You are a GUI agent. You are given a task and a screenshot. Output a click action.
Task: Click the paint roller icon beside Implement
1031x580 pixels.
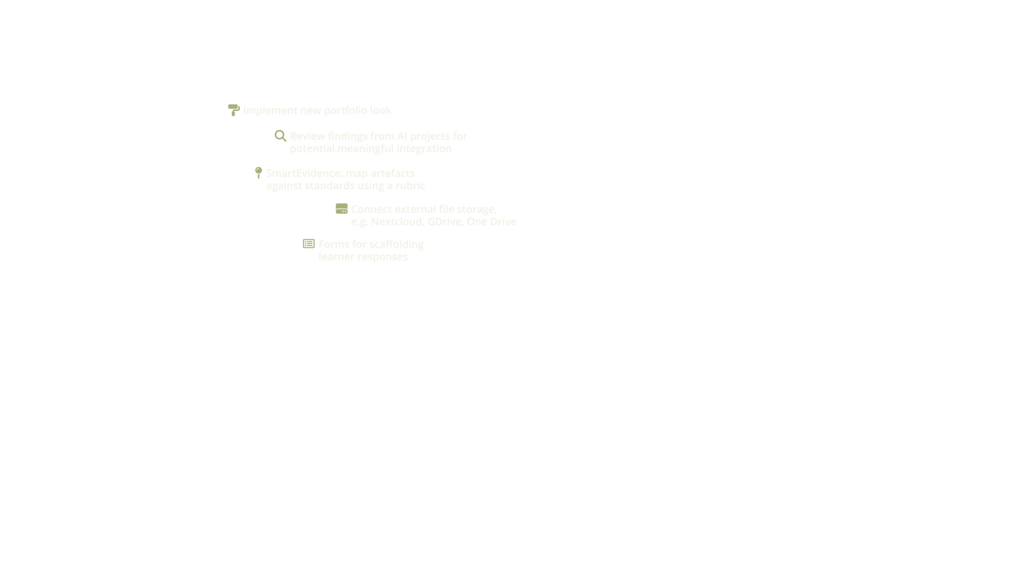coord(233,110)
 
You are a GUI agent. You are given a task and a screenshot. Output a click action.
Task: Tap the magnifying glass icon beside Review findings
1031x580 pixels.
coord(280,136)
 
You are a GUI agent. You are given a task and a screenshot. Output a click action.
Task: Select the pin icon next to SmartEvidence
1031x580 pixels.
coord(258,173)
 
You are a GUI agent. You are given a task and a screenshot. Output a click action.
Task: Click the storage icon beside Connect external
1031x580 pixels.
coord(342,209)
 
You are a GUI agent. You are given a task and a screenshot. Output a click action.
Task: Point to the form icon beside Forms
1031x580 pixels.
coord(308,244)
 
